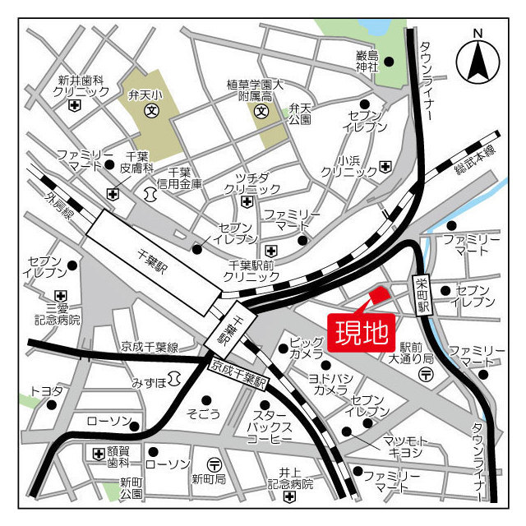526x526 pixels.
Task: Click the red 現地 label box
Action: click(362, 332)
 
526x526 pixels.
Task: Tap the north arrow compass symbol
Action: click(480, 58)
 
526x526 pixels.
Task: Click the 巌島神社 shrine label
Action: click(366, 61)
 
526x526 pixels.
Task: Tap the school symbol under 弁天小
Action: click(151, 109)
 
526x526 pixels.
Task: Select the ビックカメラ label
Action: click(307, 347)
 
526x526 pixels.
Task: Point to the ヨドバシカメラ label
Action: click(329, 384)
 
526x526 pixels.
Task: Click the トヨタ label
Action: click(45, 391)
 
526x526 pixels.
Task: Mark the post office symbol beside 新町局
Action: click(213, 463)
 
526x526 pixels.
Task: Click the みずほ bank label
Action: click(149, 383)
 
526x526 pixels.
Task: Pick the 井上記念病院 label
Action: click(288, 478)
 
